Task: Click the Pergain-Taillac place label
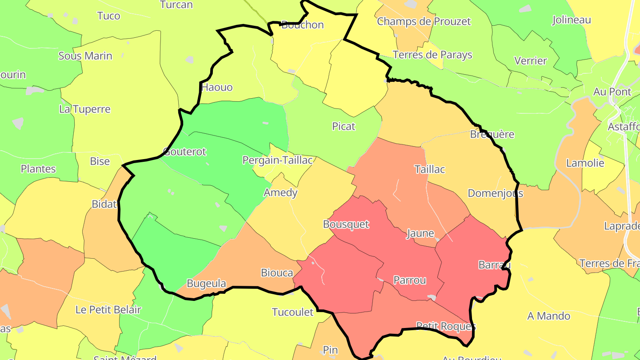(x=278, y=160)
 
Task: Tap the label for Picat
(x=344, y=127)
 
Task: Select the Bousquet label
(x=346, y=224)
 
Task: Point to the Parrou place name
(x=410, y=280)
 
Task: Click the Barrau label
(x=494, y=265)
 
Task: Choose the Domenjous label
(x=496, y=193)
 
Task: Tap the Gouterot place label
(x=185, y=152)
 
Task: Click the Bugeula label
(x=206, y=284)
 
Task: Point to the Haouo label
(x=217, y=87)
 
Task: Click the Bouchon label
(x=303, y=25)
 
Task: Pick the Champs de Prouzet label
(x=424, y=21)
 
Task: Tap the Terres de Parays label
(x=432, y=55)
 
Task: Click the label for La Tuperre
(x=84, y=109)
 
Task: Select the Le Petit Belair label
(x=108, y=310)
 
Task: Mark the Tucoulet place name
(x=292, y=312)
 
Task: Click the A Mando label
(x=548, y=316)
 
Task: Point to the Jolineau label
(x=572, y=20)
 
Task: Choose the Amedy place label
(x=280, y=193)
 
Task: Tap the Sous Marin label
(x=85, y=56)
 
